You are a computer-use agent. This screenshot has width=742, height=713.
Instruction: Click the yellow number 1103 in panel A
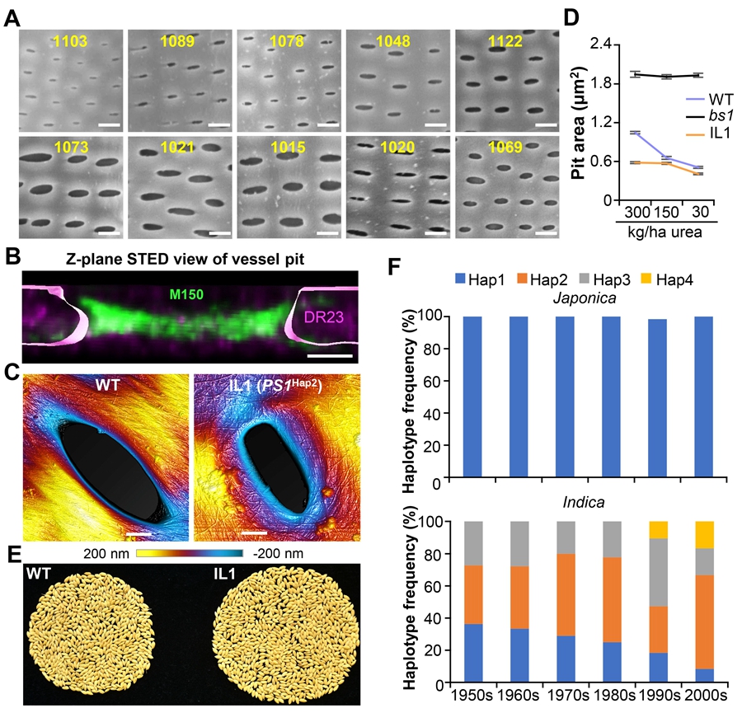point(72,38)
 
